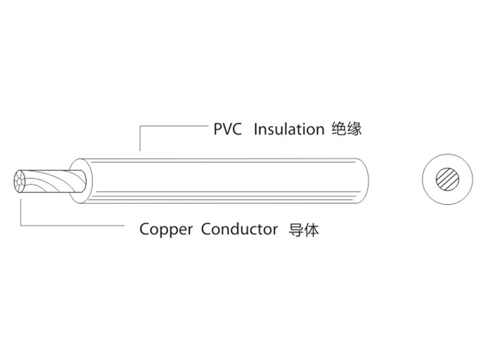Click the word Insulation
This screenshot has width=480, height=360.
pos(288,129)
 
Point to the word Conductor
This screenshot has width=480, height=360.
pos(239,229)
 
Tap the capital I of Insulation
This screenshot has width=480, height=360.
pos(255,129)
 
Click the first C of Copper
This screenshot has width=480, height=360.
pos(144,229)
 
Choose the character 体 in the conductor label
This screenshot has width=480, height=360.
pos(312,229)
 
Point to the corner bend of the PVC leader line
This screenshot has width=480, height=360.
pos(140,126)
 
